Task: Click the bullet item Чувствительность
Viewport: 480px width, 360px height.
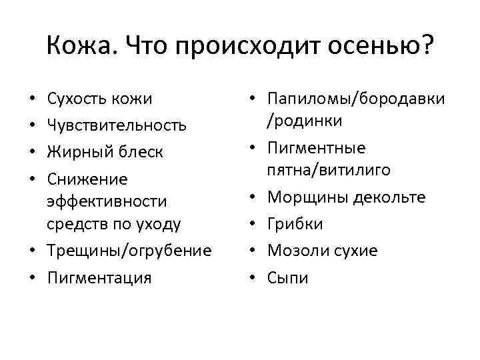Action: click(x=116, y=125)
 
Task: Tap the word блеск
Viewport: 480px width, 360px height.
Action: click(x=141, y=152)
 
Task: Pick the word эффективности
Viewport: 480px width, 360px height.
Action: click(x=107, y=201)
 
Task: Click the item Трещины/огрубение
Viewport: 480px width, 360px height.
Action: click(x=129, y=251)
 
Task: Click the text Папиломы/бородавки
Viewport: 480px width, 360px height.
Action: click(x=356, y=99)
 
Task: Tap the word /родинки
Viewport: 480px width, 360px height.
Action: click(x=305, y=121)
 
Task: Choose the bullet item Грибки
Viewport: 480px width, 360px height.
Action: click(x=295, y=224)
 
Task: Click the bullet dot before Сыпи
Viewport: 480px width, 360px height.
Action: click(x=253, y=277)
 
